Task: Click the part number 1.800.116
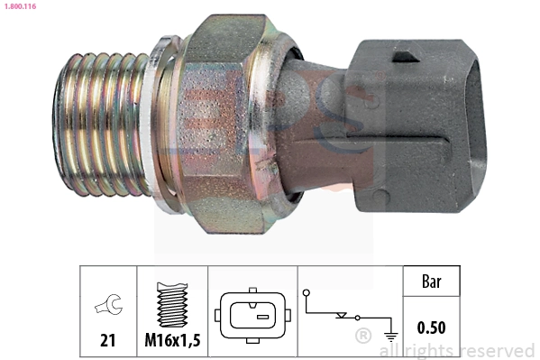(x=19, y=6)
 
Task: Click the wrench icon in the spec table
(x=107, y=306)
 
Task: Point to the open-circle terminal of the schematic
(x=307, y=292)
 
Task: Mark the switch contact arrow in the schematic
(x=342, y=316)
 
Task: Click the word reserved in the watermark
(x=497, y=350)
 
